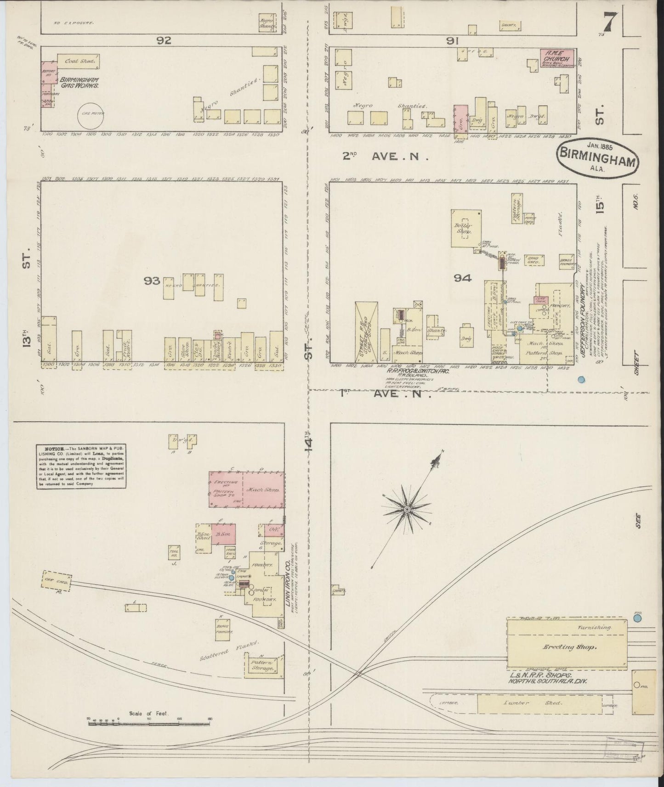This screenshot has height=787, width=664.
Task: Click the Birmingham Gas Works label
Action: pos(78,82)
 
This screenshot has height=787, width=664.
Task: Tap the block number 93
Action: pos(152,281)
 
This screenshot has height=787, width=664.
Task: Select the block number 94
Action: pos(462,278)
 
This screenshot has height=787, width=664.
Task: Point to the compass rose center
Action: pos(407,510)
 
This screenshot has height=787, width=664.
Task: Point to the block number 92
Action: pos(164,40)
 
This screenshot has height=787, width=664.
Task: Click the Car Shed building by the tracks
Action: pos(57,581)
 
